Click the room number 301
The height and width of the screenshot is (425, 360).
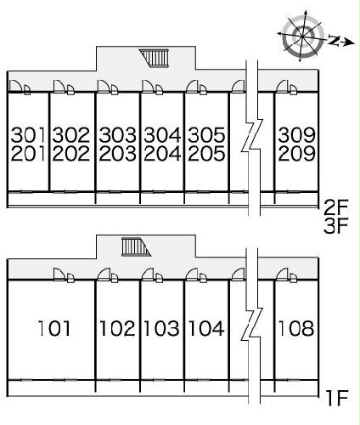tap(28, 134)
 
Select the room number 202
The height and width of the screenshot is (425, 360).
tap(71, 154)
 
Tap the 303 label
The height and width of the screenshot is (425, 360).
tap(117, 134)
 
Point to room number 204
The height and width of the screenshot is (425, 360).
tap(162, 154)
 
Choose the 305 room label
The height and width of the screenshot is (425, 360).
tap(206, 134)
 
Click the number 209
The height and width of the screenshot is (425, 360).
tap(296, 154)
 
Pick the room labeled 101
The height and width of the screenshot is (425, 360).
tap(54, 328)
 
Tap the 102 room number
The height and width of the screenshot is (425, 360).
tap(117, 328)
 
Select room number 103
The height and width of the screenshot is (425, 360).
tap(161, 328)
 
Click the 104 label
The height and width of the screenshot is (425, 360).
tap(206, 328)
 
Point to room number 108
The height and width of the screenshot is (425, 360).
tap(296, 328)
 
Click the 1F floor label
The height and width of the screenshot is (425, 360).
tap(337, 398)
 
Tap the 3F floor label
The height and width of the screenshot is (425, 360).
tap(335, 226)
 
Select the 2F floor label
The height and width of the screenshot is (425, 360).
tap(335, 208)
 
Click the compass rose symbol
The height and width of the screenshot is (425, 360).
tap(303, 36)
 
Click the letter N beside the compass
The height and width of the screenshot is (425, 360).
tap(335, 40)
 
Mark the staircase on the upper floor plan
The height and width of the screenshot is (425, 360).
tap(155, 58)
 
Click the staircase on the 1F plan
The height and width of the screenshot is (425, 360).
tap(136, 246)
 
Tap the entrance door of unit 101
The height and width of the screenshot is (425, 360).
tap(59, 275)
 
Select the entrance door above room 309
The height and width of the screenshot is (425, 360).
tap(282, 87)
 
